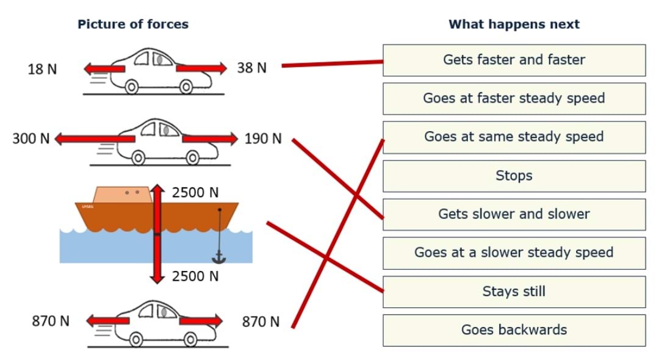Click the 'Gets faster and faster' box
[514, 60]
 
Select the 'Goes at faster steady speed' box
[514, 98]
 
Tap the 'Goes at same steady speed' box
[514, 137]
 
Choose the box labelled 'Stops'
[514, 176]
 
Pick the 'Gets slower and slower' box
[514, 214]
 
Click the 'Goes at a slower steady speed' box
[514, 253]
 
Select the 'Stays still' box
[514, 292]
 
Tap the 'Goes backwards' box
[514, 330]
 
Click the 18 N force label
[42, 70]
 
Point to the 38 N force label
[251, 68]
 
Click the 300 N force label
[31, 139]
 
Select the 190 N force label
[263, 139]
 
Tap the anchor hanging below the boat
[218, 257]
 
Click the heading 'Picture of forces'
[133, 24]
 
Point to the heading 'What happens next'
[514, 24]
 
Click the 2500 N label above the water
[195, 193]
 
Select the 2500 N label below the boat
[195, 276]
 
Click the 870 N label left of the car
[51, 321]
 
